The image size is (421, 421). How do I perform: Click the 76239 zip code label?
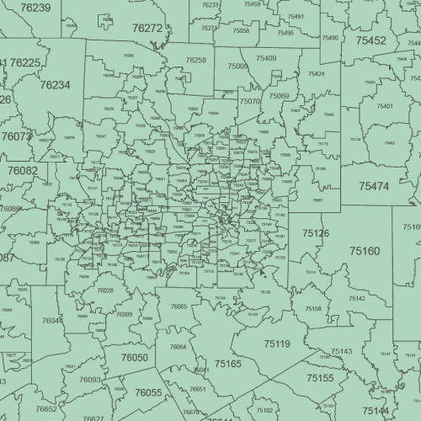click(35, 8)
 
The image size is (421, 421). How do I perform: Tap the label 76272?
click(147, 28)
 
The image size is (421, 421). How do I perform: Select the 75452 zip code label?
click(370, 40)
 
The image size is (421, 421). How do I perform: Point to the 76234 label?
click(55, 85)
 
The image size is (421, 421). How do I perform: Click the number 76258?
click(195, 61)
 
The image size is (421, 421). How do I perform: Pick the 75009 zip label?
click(237, 66)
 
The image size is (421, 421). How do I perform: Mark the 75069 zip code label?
click(279, 96)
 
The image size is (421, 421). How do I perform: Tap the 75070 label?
click(250, 101)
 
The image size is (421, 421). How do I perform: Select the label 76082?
click(23, 170)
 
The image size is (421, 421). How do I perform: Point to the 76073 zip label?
click(16, 136)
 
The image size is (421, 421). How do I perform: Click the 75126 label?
click(316, 232)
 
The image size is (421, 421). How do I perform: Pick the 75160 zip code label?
click(365, 251)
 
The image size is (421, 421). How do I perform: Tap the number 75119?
click(276, 344)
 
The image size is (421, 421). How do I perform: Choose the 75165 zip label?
click(227, 364)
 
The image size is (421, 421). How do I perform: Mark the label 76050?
click(135, 358)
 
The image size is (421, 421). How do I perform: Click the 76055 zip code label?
click(148, 392)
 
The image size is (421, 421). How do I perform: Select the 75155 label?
click(320, 378)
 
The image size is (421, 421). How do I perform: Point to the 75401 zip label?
click(385, 106)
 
